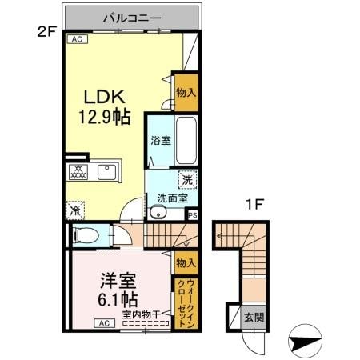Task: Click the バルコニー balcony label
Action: pos(132,17)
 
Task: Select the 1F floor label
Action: pos(254,205)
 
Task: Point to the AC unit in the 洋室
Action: pos(105,323)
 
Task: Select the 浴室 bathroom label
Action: pos(160,141)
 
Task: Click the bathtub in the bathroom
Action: pos(187,139)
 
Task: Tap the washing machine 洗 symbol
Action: pos(186,180)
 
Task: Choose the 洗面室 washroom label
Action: pos(172,198)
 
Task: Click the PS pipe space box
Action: pos(192,214)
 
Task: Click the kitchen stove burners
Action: pos(78,171)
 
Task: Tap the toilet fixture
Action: pos(84,235)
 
